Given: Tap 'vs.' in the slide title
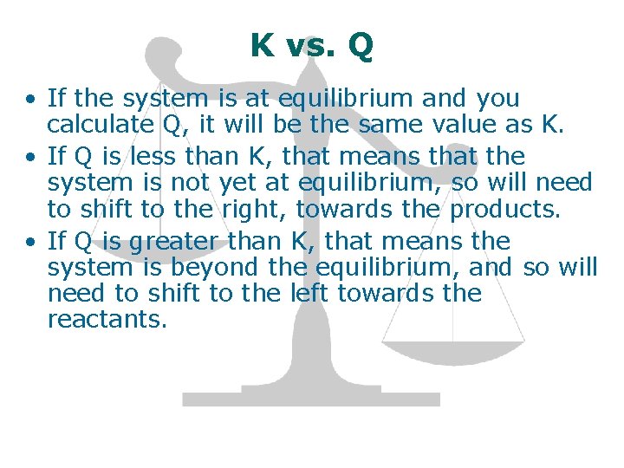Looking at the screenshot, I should pos(311,46).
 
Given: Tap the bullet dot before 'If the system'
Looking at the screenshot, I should pos(30,100).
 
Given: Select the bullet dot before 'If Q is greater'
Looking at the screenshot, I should pos(30,241).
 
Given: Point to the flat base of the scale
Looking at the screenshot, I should pos(310,399).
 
